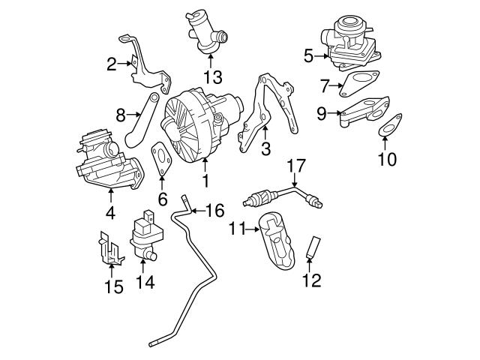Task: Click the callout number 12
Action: (310, 280)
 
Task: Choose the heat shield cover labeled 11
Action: (278, 241)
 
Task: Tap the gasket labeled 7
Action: (358, 83)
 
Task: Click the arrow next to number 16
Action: (196, 211)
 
